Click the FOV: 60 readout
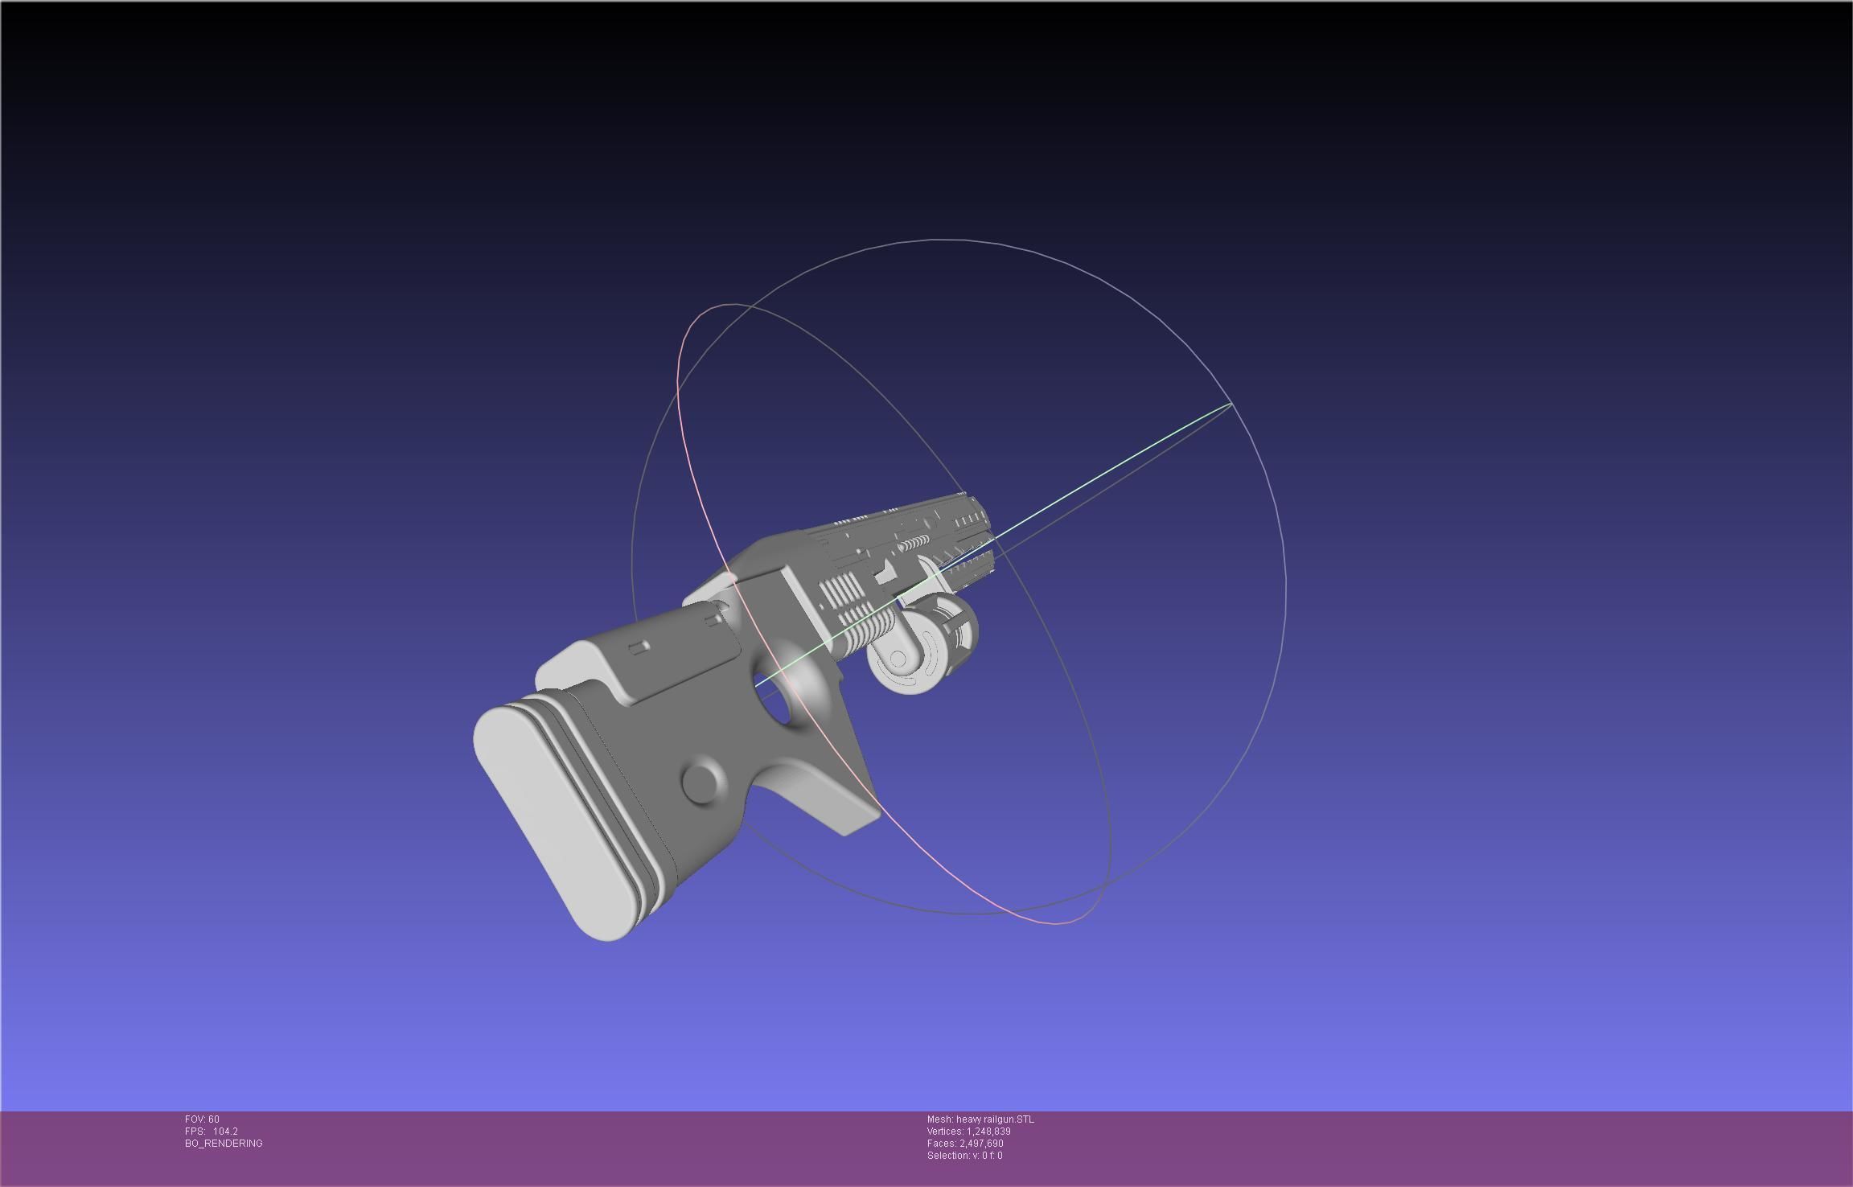(x=202, y=1119)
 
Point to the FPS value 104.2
(x=225, y=1131)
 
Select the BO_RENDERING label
(x=224, y=1143)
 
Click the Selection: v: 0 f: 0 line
(x=964, y=1155)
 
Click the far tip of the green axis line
(x=1231, y=404)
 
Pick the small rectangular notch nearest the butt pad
(x=639, y=647)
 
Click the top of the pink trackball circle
(x=732, y=305)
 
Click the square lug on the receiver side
(x=885, y=573)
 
